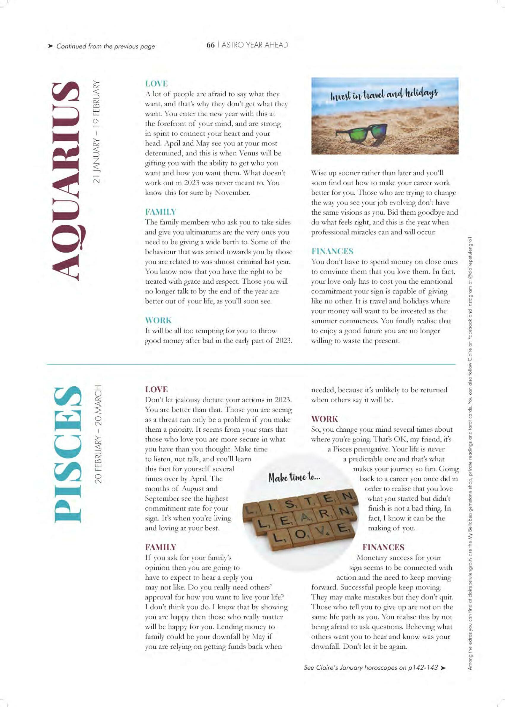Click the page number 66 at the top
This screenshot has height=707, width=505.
[211, 45]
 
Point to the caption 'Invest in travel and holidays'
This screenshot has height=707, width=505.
[384, 94]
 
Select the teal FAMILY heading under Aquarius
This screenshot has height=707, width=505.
[160, 212]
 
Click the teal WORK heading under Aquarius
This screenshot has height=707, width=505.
[158, 320]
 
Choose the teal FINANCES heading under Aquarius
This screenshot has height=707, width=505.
[332, 251]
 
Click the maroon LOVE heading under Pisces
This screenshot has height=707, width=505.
[156, 389]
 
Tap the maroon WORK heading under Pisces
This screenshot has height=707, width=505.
[324, 419]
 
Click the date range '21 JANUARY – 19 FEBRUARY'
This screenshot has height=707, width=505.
[97, 132]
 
